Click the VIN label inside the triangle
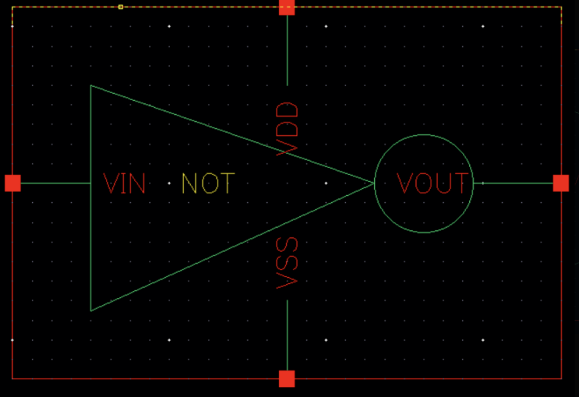click(x=125, y=184)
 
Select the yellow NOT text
click(x=208, y=184)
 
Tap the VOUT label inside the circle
click(x=434, y=184)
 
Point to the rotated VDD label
click(x=287, y=127)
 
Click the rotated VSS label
click(x=287, y=263)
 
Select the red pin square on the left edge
click(x=13, y=183)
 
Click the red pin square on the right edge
click(x=561, y=183)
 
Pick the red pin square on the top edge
click(x=287, y=7)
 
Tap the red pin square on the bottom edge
click(x=287, y=379)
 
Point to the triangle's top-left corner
click(x=91, y=86)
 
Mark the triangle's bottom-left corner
click(x=91, y=310)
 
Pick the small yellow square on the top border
click(x=120, y=7)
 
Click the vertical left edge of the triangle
click(x=91, y=241)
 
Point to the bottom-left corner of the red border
click(x=13, y=378)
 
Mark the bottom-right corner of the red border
click(x=561, y=378)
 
